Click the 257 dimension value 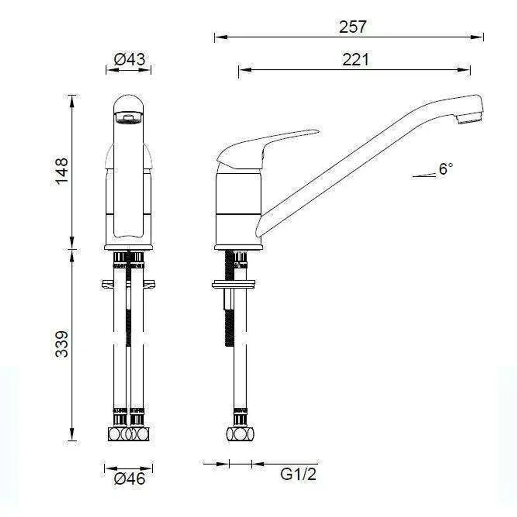(353, 27)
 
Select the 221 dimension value (356, 60)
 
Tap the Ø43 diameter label (129, 60)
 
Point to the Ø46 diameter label (129, 478)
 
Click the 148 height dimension (62, 171)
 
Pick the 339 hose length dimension (62, 343)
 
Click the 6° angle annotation (445, 169)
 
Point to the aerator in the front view (128, 117)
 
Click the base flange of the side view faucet (238, 247)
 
